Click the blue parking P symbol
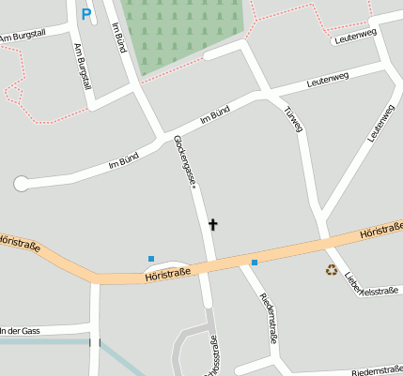click(86, 14)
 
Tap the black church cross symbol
click(213, 224)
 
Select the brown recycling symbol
click(332, 270)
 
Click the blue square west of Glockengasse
click(151, 258)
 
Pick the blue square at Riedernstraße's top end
click(255, 263)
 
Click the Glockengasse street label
click(185, 162)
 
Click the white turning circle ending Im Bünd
click(22, 184)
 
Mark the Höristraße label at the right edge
click(382, 230)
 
